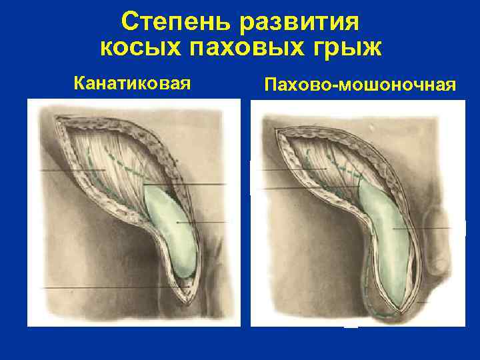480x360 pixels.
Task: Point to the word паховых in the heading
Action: [247, 49]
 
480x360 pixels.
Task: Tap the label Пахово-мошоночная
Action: [360, 85]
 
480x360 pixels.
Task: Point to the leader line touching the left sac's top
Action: [187, 184]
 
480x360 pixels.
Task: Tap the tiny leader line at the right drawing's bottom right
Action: [422, 302]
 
